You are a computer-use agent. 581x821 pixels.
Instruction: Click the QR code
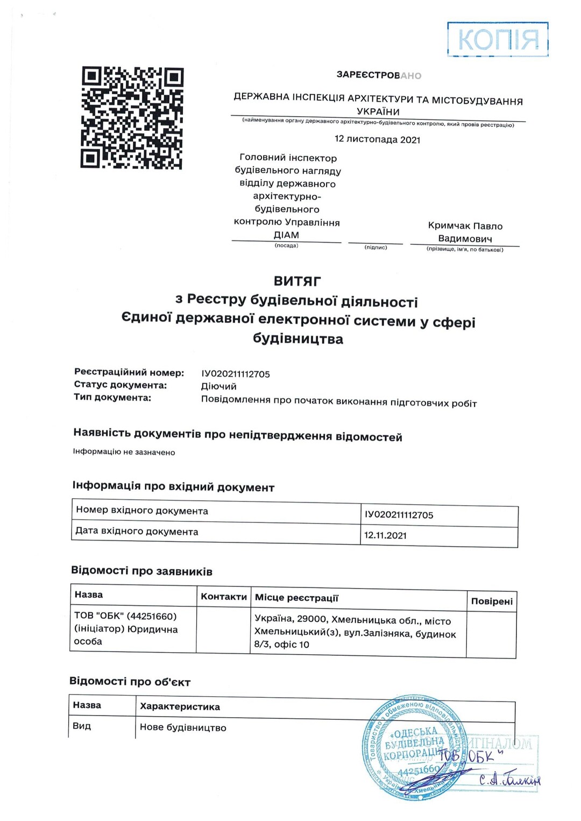132,118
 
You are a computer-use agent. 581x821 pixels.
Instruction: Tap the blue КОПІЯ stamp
498,40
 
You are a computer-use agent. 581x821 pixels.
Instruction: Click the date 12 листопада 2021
377,139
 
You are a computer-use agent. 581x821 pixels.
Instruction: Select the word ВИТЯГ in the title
297,281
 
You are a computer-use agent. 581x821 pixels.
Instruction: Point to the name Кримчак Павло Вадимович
465,232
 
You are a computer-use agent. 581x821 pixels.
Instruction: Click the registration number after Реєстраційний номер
235,374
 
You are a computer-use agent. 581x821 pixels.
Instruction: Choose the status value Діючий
218,386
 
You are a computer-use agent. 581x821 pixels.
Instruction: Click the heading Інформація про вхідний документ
173,486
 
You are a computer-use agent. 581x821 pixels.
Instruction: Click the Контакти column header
223,597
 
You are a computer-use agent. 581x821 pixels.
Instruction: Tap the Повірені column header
491,601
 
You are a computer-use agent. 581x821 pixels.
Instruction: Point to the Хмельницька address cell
358,633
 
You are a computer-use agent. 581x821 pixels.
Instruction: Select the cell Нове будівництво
183,727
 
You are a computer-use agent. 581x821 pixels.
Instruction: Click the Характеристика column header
180,706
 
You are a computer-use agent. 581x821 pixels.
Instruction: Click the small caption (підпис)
375,247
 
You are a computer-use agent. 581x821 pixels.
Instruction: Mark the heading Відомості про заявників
141,571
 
